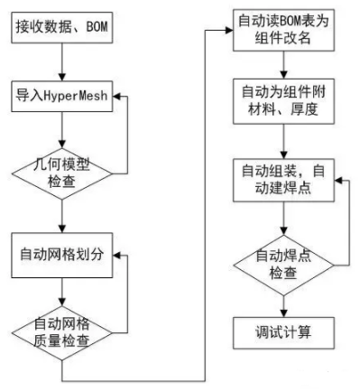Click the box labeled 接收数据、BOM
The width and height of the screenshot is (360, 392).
tap(60, 28)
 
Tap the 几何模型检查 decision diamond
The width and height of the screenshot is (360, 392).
tap(60, 169)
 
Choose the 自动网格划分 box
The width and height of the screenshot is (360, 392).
tap(60, 253)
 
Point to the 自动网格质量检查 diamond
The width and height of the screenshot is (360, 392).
tap(60, 331)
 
